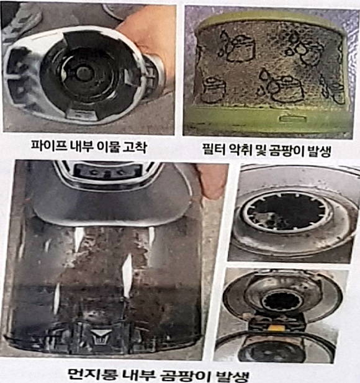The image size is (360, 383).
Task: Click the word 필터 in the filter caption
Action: click(214, 150)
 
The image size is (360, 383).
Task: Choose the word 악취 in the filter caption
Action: click(241, 150)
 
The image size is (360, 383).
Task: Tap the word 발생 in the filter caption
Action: click(319, 151)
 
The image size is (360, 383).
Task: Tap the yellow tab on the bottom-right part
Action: click(277, 328)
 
